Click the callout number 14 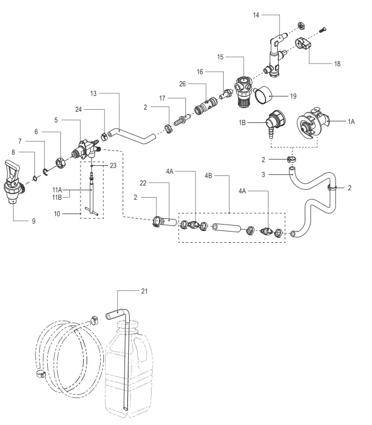[x=256, y=16]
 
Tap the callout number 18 [x=337, y=64]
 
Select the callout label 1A [x=351, y=121]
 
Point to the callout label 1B [x=243, y=122]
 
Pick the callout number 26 [x=182, y=84]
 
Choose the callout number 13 [x=93, y=94]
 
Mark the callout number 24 [x=78, y=110]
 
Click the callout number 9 [x=33, y=220]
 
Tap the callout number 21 [x=144, y=291]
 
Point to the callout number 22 [x=143, y=183]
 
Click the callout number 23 [x=113, y=165]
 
